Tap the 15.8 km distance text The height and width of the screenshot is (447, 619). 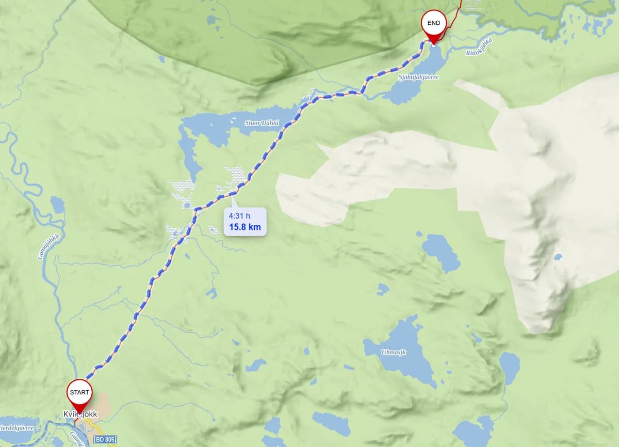tap(245, 227)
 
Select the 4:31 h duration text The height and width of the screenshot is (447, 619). tap(239, 215)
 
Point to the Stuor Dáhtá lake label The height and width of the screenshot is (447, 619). tap(262, 123)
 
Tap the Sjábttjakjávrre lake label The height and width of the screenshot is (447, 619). tap(418, 77)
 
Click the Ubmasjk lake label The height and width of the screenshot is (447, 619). tap(394, 352)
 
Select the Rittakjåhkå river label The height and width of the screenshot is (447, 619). tap(479, 47)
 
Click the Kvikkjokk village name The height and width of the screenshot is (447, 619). tap(80, 414)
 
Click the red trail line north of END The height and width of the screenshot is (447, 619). tap(454, 16)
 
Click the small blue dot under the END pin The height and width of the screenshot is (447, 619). tap(433, 45)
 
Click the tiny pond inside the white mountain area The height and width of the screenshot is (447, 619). tap(558, 257)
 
